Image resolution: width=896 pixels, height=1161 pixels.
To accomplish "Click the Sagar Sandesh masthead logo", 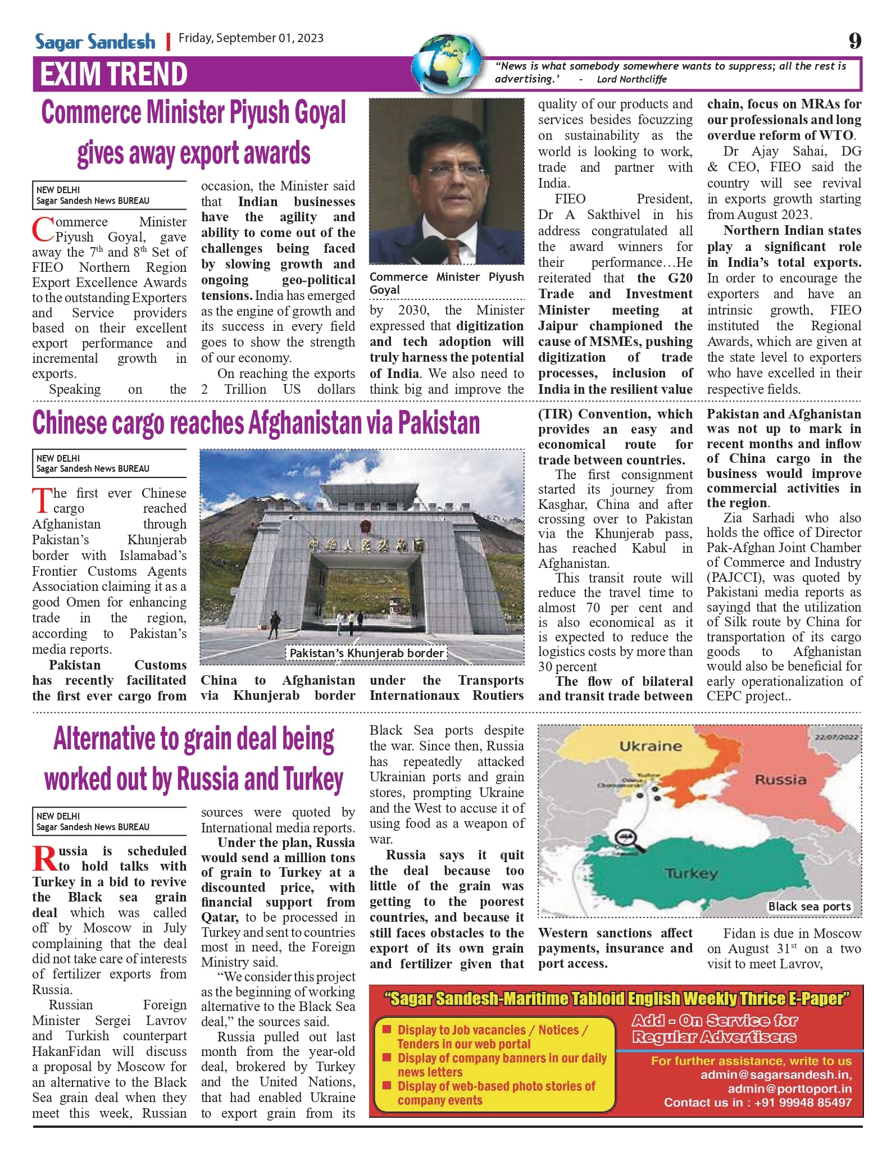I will pyautogui.click(x=95, y=42).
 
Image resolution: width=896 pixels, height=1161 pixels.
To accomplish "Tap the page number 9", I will pyautogui.click(x=854, y=41).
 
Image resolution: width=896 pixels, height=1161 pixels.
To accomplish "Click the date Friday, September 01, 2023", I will pyautogui.click(x=251, y=38).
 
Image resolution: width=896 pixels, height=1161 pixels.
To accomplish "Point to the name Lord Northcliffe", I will pyautogui.click(x=631, y=79).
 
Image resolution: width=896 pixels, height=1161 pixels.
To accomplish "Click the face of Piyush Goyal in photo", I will pyautogui.click(x=454, y=175).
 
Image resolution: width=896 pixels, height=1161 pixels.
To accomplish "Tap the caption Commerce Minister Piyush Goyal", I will pyautogui.click(x=446, y=283).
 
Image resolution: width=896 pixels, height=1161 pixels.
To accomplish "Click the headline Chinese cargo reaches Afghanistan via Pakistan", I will pyautogui.click(x=256, y=423).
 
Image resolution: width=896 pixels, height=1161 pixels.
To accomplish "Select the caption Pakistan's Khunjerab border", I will pyautogui.click(x=367, y=653).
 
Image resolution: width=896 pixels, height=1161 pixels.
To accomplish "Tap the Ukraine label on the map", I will pyautogui.click(x=651, y=746).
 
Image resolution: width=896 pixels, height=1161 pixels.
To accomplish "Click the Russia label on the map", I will pyautogui.click(x=780, y=780).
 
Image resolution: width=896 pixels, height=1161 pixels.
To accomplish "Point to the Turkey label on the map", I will pyautogui.click(x=692, y=873).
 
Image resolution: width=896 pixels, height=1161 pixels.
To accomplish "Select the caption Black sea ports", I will pyautogui.click(x=809, y=907).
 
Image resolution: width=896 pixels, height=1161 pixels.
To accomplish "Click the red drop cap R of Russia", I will pyautogui.click(x=44, y=859).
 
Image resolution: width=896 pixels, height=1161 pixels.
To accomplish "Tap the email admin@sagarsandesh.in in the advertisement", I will pyautogui.click(x=776, y=1075).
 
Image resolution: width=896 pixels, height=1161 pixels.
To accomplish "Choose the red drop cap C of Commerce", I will pyautogui.click(x=43, y=230).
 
